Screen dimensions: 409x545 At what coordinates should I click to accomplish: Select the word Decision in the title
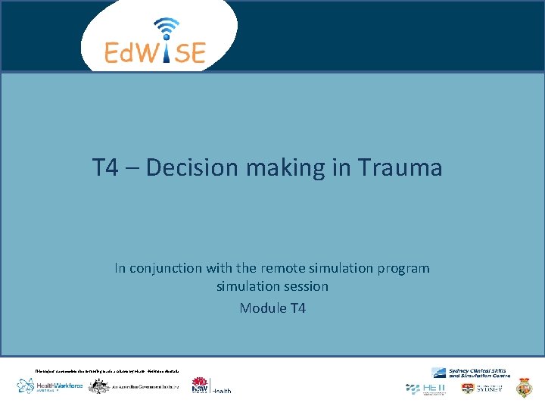[188, 167]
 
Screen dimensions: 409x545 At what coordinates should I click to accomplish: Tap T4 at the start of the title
[105, 167]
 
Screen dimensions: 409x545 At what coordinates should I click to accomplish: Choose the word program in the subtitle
[403, 268]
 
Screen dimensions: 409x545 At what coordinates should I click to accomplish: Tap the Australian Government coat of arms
[99, 386]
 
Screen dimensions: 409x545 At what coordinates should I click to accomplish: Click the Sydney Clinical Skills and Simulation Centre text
[478, 372]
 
